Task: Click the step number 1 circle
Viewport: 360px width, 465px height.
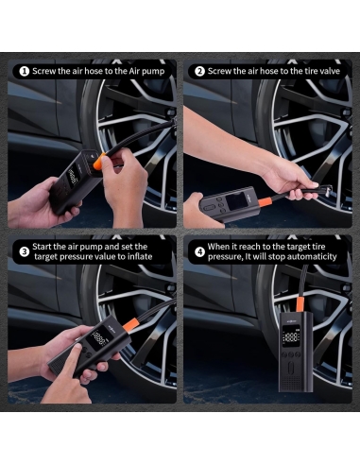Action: click(x=25, y=72)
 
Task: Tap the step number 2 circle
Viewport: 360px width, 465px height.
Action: click(x=199, y=72)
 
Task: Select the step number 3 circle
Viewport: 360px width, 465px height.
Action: click(x=25, y=251)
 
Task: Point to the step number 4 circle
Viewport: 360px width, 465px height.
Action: click(x=199, y=251)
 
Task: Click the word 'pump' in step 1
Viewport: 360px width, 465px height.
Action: click(x=153, y=72)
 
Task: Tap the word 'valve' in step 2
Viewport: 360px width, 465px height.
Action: click(x=330, y=71)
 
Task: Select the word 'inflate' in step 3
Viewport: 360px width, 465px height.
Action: click(x=140, y=257)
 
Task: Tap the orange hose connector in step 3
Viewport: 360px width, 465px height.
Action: click(x=130, y=324)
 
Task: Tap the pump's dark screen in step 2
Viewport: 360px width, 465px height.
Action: click(x=236, y=200)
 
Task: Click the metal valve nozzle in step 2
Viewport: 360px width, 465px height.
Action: click(x=325, y=191)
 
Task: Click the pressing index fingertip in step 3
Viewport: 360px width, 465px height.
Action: click(x=77, y=348)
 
